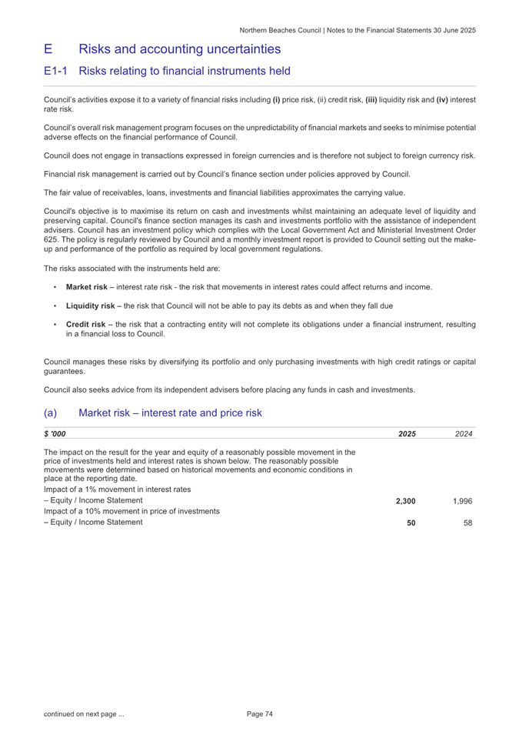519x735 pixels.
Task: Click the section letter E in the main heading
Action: pyautogui.click(x=48, y=49)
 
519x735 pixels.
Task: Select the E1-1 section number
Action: pyautogui.click(x=58, y=72)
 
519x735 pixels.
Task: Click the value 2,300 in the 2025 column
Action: pyautogui.click(x=405, y=500)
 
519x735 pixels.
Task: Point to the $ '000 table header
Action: pyautogui.click(x=55, y=434)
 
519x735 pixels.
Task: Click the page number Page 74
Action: pyautogui.click(x=260, y=714)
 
